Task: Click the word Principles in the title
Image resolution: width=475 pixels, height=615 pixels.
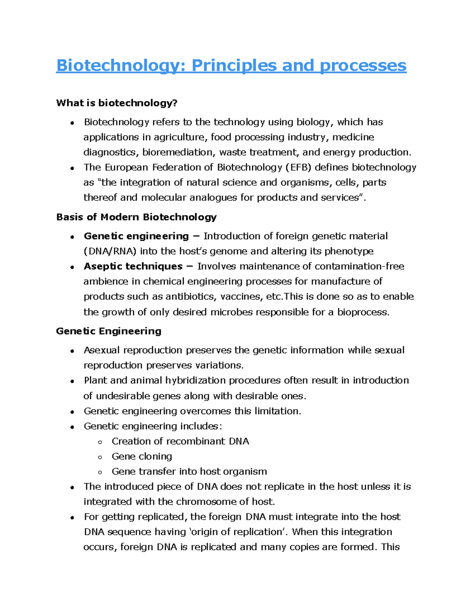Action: point(234,66)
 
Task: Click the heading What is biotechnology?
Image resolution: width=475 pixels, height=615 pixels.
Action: point(117,103)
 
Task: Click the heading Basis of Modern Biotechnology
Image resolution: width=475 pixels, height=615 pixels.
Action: point(137,217)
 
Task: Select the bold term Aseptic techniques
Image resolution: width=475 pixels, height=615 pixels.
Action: point(133,267)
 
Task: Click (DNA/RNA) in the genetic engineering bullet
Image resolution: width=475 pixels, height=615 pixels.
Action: point(110,251)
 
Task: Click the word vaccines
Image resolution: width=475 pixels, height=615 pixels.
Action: point(241,297)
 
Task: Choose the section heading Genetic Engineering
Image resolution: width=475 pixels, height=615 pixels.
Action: point(109,331)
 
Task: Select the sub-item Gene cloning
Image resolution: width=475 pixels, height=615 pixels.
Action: point(142,457)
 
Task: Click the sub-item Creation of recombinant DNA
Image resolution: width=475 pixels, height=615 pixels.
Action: point(180,442)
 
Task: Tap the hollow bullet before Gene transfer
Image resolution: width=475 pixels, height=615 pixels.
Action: point(100,472)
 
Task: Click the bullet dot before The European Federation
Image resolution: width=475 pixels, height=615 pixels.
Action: point(72,168)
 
